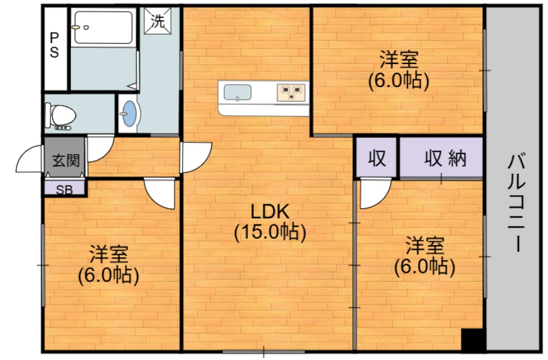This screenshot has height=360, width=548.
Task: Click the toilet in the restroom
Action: pyautogui.click(x=60, y=116)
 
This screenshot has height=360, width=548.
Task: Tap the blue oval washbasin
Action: pyautogui.click(x=130, y=114)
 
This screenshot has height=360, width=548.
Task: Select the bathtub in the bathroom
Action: pyautogui.click(x=104, y=27)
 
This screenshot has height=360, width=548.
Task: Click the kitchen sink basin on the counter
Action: pyautogui.click(x=238, y=93)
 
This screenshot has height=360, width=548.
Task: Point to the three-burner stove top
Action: pyautogui.click(x=291, y=92)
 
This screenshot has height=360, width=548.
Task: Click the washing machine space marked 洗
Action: pyautogui.click(x=158, y=21)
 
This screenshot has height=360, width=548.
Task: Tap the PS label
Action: pyautogui.click(x=54, y=45)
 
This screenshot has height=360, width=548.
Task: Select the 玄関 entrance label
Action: pyautogui.click(x=66, y=161)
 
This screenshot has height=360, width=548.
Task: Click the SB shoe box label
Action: pyautogui.click(x=65, y=189)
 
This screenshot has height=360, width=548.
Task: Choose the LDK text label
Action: pyautogui.click(x=270, y=212)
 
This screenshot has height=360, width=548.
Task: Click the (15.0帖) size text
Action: pyautogui.click(x=270, y=232)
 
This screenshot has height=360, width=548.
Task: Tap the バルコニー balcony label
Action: pyautogui.click(x=517, y=202)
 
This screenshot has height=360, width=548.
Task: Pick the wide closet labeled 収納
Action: pyautogui.click(x=441, y=157)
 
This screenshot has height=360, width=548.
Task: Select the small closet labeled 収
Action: pyautogui.click(x=377, y=157)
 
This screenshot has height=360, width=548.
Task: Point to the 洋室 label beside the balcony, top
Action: pyautogui.click(x=399, y=60)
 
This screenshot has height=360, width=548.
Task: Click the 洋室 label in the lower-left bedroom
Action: pyautogui.click(x=109, y=254)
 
